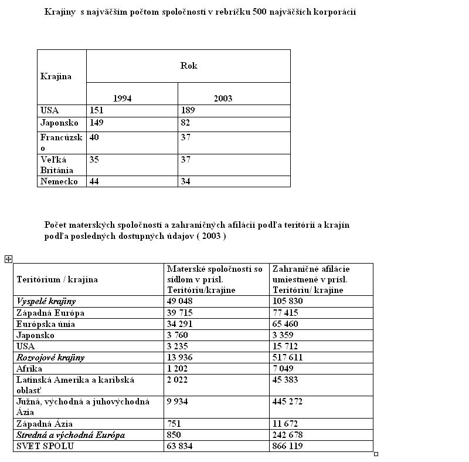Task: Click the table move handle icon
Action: (8, 259)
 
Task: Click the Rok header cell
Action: (188, 66)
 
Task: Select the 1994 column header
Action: (122, 98)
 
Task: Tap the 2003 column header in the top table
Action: (223, 98)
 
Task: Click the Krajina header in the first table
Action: (56, 76)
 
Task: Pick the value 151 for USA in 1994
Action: (97, 110)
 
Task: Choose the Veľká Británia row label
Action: (54, 165)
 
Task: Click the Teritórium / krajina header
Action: (57, 279)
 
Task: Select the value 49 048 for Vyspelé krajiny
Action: (180, 301)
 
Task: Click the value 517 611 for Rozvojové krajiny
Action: (287, 357)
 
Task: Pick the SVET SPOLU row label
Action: (43, 446)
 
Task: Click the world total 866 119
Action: (287, 446)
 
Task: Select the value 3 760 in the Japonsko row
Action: (178, 335)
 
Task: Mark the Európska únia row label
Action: (46, 323)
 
